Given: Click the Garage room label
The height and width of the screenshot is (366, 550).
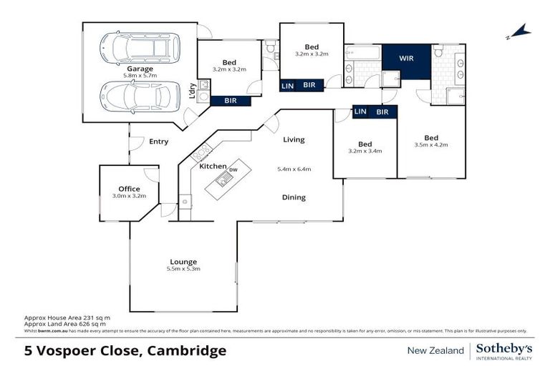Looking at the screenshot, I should point(140,69).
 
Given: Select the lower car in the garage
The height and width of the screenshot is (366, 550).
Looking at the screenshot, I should point(140,95).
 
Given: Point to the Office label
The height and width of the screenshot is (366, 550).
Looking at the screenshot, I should point(130,189).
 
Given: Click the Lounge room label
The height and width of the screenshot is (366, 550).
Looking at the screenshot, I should point(183,262).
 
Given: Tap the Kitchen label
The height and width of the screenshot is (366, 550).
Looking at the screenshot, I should point(213,166).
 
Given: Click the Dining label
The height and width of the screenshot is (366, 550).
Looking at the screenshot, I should point(294,197).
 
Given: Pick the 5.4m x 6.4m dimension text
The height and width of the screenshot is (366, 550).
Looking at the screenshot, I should point(294,169).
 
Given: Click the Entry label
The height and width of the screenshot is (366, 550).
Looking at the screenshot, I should point(158,142).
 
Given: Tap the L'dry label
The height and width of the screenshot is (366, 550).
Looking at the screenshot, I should point(192,91).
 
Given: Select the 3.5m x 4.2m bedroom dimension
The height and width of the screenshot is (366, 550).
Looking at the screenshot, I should point(431,146).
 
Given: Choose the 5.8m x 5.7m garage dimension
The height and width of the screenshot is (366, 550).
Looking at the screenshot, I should point(140,76).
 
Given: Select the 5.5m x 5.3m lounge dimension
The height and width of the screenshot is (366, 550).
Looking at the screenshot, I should point(183,269).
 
